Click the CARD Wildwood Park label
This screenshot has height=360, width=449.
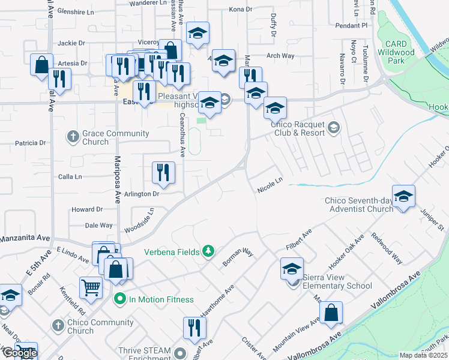pos(396,52)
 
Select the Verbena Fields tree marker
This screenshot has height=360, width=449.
pos(208,251)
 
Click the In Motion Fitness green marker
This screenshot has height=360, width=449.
pos(119,299)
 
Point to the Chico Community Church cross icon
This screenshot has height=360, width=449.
pos(58,326)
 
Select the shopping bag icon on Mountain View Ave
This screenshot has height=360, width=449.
pos(331,313)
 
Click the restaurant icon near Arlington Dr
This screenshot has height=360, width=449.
pos(163,173)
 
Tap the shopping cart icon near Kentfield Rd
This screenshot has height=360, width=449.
pos(91,287)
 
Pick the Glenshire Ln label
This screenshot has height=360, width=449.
pos(74,12)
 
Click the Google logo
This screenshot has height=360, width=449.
pos(19,353)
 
